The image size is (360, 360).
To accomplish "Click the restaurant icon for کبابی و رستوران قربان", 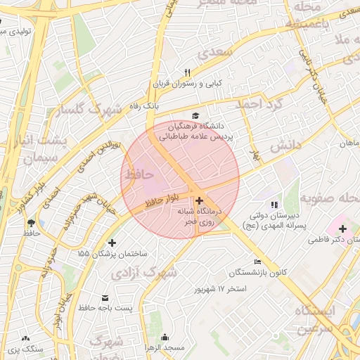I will tap(187, 73).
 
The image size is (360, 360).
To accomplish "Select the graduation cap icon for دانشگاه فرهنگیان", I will tap(194, 116).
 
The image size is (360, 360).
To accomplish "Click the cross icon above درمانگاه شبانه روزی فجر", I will tap(199, 200).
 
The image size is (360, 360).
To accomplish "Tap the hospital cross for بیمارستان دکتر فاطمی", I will tap(342, 229).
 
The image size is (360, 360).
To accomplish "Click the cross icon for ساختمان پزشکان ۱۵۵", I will tap(111, 243).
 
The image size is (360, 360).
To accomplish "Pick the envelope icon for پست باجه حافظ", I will tap(105, 297).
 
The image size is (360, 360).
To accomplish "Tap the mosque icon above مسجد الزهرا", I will tap(164, 337).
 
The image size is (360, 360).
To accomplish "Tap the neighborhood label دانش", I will tap(286, 146).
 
